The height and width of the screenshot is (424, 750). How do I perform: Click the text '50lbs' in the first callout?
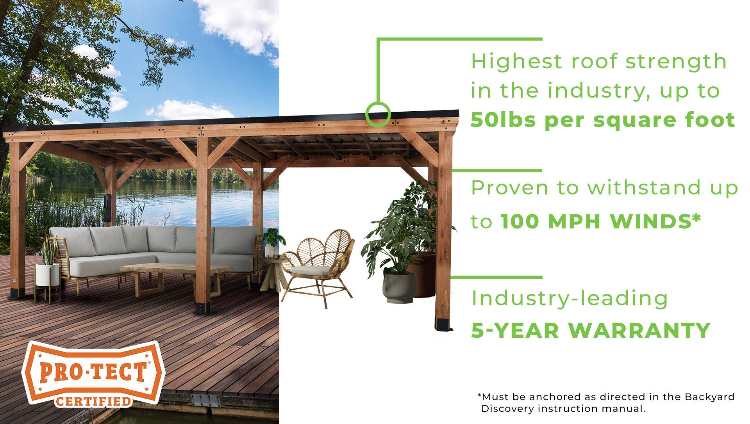pos(503,120)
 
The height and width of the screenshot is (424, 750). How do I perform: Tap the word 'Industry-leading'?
pos(570,299)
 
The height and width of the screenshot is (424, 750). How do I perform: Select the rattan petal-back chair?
pos(317,268)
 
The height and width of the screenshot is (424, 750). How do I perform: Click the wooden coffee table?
pos(176,278)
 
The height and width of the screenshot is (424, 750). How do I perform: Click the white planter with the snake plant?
pos(47,274)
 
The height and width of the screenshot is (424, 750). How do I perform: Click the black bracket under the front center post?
pos(203,308)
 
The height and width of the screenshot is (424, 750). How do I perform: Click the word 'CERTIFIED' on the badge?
pos(93,401)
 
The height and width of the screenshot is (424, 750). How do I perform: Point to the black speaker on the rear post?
pos(107,208)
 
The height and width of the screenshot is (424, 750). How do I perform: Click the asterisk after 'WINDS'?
pos(696,217)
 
